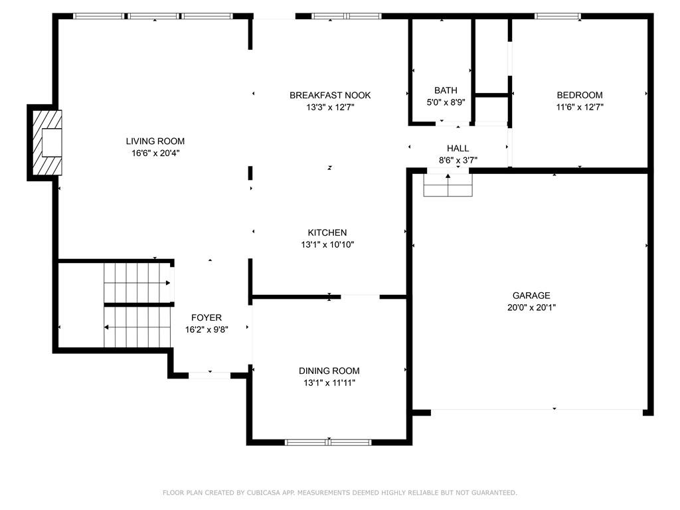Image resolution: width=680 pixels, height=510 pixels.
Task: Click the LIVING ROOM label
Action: pyautogui.click(x=155, y=141)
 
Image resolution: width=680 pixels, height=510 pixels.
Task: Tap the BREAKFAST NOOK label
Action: pyautogui.click(x=330, y=95)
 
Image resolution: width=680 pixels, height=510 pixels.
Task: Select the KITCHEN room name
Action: pyautogui.click(x=327, y=232)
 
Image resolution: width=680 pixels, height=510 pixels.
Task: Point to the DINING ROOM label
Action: pyautogui.click(x=329, y=371)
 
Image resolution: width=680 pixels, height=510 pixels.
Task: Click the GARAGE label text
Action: pyautogui.click(x=531, y=296)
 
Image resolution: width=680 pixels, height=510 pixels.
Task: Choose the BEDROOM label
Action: pyautogui.click(x=579, y=95)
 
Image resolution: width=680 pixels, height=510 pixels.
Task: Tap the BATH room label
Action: pyautogui.click(x=446, y=90)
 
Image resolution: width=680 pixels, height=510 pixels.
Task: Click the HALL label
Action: pyautogui.click(x=458, y=148)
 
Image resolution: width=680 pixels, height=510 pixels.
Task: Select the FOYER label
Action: pyautogui.click(x=207, y=317)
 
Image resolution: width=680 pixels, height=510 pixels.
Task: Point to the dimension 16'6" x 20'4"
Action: pyautogui.click(x=155, y=153)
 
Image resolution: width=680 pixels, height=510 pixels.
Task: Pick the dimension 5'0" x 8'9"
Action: pyautogui.click(x=446, y=102)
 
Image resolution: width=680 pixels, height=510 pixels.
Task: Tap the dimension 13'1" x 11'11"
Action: pyautogui.click(x=329, y=382)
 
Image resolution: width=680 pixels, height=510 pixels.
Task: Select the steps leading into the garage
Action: pyautogui.click(x=448, y=187)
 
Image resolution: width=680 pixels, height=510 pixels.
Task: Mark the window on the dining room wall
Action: pyautogui.click(x=328, y=442)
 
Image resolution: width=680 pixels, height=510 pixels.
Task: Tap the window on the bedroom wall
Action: pyautogui.click(x=558, y=16)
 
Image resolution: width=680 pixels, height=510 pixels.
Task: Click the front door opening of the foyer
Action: pyautogui.click(x=210, y=375)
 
